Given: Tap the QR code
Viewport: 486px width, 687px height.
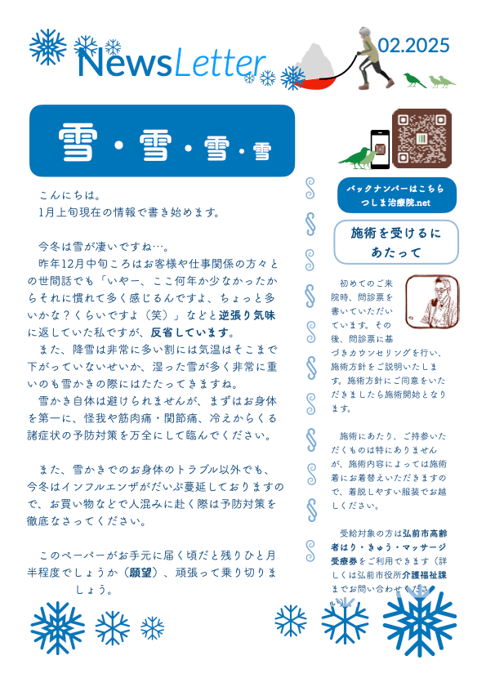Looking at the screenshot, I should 421,136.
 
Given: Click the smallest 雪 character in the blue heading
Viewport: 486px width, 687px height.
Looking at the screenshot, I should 261,152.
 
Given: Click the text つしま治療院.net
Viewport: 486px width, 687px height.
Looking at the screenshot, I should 395,203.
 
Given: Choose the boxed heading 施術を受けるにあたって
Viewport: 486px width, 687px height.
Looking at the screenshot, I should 396,243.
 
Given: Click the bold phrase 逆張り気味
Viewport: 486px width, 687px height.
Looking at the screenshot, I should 246,315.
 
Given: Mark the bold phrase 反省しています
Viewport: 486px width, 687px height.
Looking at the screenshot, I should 192,332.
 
